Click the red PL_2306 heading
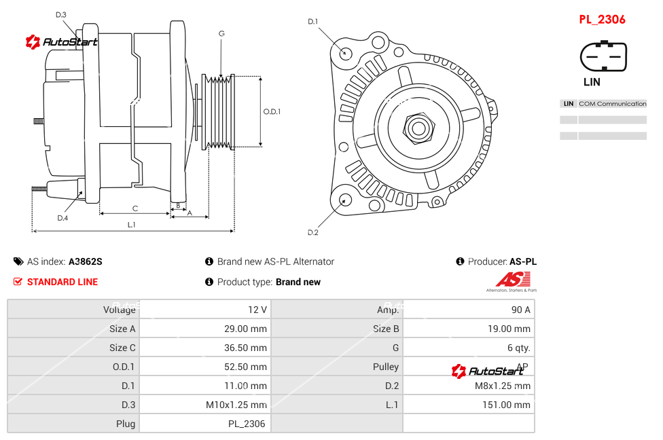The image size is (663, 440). click(x=602, y=20)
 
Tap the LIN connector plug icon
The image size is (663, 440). click(x=603, y=56)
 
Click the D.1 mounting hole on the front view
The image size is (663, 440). click(x=346, y=51)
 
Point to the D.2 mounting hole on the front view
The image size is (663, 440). click(x=345, y=200)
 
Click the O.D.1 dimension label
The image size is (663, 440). click(x=272, y=112)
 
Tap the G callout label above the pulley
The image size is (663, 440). click(x=221, y=33)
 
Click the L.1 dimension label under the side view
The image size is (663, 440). click(x=132, y=224)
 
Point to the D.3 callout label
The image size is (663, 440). click(x=61, y=14)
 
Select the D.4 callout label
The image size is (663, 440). click(x=62, y=218)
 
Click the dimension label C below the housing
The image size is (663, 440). click(x=135, y=208)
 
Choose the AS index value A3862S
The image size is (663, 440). click(x=86, y=261)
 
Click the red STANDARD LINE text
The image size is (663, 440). click(x=62, y=282)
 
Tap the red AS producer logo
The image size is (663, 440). click(x=513, y=279)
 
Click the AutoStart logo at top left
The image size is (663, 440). click(x=62, y=42)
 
